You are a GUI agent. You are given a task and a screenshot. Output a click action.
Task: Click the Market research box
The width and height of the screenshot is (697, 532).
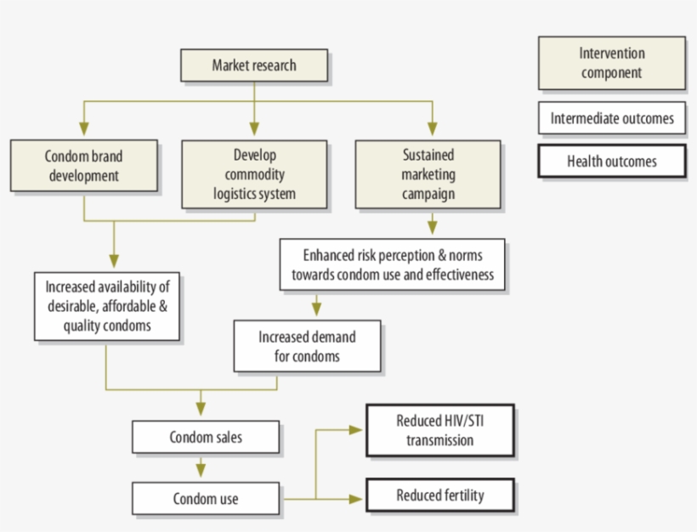[254, 65]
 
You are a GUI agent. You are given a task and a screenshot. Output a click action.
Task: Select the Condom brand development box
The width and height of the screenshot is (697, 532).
[83, 166]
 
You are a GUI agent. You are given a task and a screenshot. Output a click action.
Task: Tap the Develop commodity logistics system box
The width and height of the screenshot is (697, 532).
[254, 174]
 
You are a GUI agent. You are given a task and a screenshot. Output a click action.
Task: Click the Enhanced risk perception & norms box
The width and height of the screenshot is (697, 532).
[393, 265]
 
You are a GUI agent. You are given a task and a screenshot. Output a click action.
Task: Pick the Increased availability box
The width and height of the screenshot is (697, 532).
[107, 306]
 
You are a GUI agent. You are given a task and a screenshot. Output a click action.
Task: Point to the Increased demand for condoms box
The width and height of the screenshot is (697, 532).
[307, 347]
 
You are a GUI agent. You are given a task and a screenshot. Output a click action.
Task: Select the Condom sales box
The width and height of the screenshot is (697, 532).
[206, 438]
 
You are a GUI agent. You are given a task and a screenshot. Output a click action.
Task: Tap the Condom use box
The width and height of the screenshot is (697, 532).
[206, 499]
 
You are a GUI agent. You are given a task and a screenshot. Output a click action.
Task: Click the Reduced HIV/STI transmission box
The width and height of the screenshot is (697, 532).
[439, 430]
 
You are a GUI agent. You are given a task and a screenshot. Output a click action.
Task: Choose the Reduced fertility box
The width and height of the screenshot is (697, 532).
[439, 495]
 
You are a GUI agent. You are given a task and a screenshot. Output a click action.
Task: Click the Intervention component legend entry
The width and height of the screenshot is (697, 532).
[611, 64]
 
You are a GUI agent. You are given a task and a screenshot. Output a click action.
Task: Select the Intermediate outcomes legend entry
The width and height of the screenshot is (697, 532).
[611, 118]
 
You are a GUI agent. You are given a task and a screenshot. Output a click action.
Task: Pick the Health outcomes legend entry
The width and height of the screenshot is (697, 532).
[611, 161]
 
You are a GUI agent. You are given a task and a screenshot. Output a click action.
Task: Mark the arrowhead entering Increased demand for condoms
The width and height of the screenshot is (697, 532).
[317, 309]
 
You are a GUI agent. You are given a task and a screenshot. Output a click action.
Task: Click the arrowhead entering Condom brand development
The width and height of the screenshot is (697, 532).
[82, 129]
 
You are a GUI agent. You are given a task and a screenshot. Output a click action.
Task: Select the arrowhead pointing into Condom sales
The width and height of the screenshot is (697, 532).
[201, 410]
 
